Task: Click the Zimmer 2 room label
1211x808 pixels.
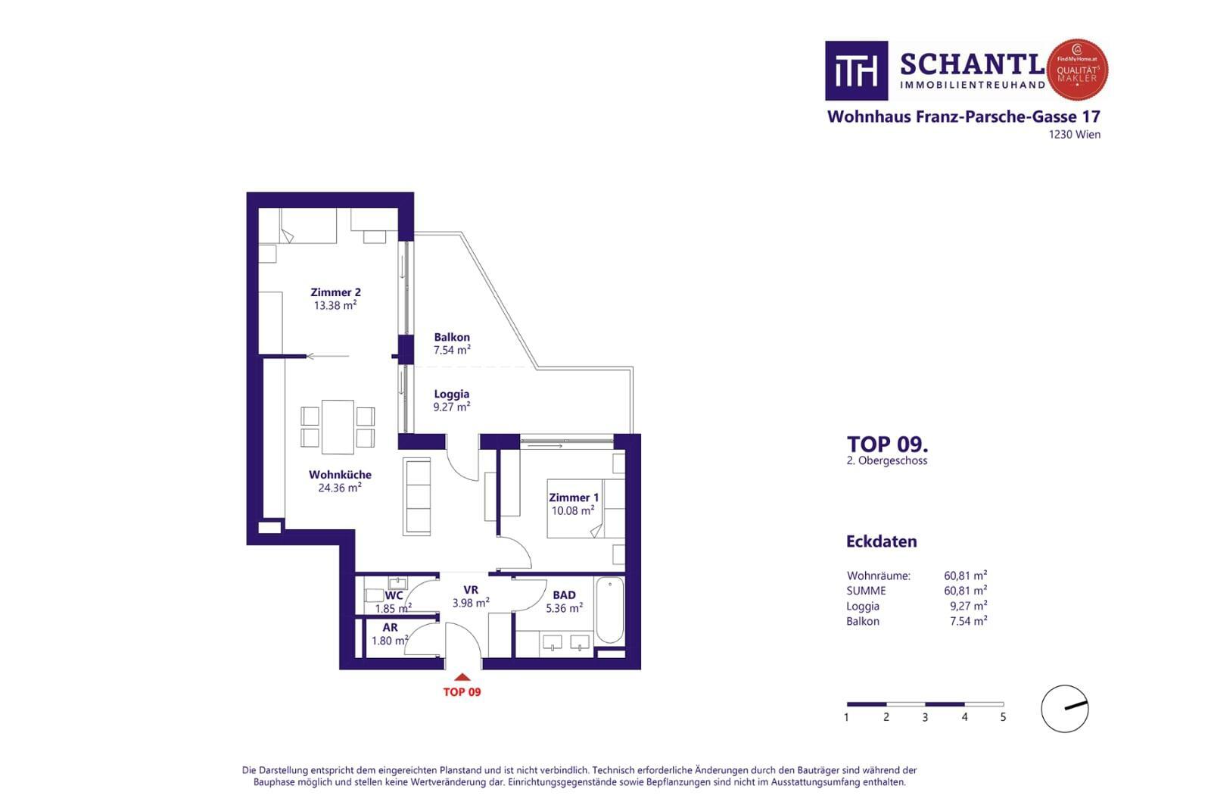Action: pos(335,292)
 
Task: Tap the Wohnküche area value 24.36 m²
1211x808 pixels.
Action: pos(340,488)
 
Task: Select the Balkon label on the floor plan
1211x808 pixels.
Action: pos(452,337)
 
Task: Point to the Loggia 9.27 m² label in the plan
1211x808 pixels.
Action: pos(451,401)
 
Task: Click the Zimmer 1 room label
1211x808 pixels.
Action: pos(574,498)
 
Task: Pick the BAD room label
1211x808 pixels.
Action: pos(564,595)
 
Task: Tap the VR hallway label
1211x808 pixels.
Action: pos(471,589)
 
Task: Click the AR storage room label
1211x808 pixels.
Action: pos(391,627)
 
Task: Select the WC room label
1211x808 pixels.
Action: pos(394,595)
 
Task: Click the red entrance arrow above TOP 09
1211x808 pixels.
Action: pos(462,677)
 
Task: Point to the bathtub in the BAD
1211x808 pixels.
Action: pos(610,610)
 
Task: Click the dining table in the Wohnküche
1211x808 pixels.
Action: pos(338,427)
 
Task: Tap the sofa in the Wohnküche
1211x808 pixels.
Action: pos(417,497)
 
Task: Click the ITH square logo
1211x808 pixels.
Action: pos(856,71)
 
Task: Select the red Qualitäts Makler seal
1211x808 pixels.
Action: pos(1078,70)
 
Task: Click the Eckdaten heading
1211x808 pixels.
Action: pos(882,541)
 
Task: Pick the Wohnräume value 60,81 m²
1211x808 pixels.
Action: pos(966,576)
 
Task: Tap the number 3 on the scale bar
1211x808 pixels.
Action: pos(925,718)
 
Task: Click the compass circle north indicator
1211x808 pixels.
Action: pos(1065,709)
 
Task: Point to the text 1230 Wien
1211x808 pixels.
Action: pos(1075,135)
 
